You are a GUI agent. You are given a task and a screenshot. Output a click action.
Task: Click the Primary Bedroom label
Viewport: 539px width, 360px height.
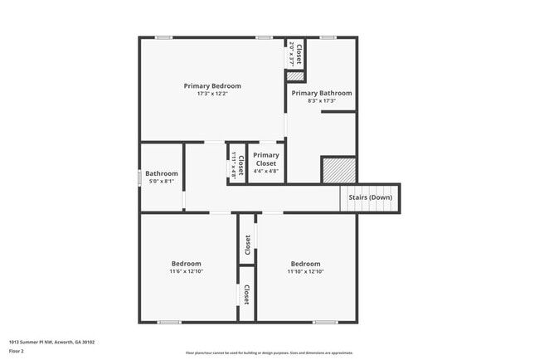click(x=212, y=85)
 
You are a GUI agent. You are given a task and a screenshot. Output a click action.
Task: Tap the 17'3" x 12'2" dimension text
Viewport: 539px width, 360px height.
click(x=212, y=94)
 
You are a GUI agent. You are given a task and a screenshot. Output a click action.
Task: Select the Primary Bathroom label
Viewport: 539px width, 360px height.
click(x=321, y=93)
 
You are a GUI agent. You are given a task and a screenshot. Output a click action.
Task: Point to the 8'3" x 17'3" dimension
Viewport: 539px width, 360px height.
click(x=321, y=101)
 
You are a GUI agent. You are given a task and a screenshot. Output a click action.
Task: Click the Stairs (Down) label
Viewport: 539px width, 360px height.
click(x=369, y=197)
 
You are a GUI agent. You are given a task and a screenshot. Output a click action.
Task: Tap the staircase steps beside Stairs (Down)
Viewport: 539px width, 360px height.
click(x=352, y=198)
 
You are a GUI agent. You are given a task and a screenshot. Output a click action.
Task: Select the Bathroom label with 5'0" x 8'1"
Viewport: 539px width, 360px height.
click(x=162, y=173)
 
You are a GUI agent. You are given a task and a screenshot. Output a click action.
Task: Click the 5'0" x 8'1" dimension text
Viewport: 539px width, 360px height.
click(x=162, y=181)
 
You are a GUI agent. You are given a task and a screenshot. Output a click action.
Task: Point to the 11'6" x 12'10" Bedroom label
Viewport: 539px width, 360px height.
click(x=187, y=264)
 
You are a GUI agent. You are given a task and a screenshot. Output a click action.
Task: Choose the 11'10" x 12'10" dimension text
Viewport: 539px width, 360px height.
click(x=304, y=271)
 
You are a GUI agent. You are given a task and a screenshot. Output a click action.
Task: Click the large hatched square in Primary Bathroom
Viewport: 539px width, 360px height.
click(x=338, y=169)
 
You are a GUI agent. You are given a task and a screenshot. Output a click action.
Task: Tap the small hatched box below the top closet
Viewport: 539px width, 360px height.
click(x=295, y=76)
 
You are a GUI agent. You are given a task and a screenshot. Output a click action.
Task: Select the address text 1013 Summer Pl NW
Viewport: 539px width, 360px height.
click(x=51, y=342)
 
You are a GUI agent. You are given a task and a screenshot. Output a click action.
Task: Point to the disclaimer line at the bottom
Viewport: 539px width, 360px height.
click(x=269, y=353)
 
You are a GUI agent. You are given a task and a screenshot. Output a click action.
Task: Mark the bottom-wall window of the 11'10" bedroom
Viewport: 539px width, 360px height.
click(x=325, y=322)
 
